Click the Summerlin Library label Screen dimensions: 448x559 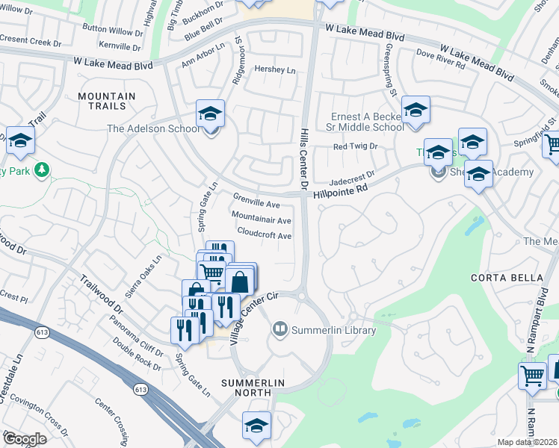(333, 329)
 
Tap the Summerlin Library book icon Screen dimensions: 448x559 (280, 329)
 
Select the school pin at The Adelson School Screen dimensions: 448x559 (210, 114)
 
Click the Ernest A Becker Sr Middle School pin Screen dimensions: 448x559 (415, 111)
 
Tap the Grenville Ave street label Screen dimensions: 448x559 (256, 202)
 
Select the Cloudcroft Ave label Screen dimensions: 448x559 (264, 234)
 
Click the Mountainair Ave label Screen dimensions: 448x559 (261, 220)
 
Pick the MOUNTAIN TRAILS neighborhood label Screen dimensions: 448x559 (107, 102)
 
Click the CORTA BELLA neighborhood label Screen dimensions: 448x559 (507, 278)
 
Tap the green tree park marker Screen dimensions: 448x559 (42, 170)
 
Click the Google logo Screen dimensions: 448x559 (24, 439)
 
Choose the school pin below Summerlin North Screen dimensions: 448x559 (256, 425)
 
